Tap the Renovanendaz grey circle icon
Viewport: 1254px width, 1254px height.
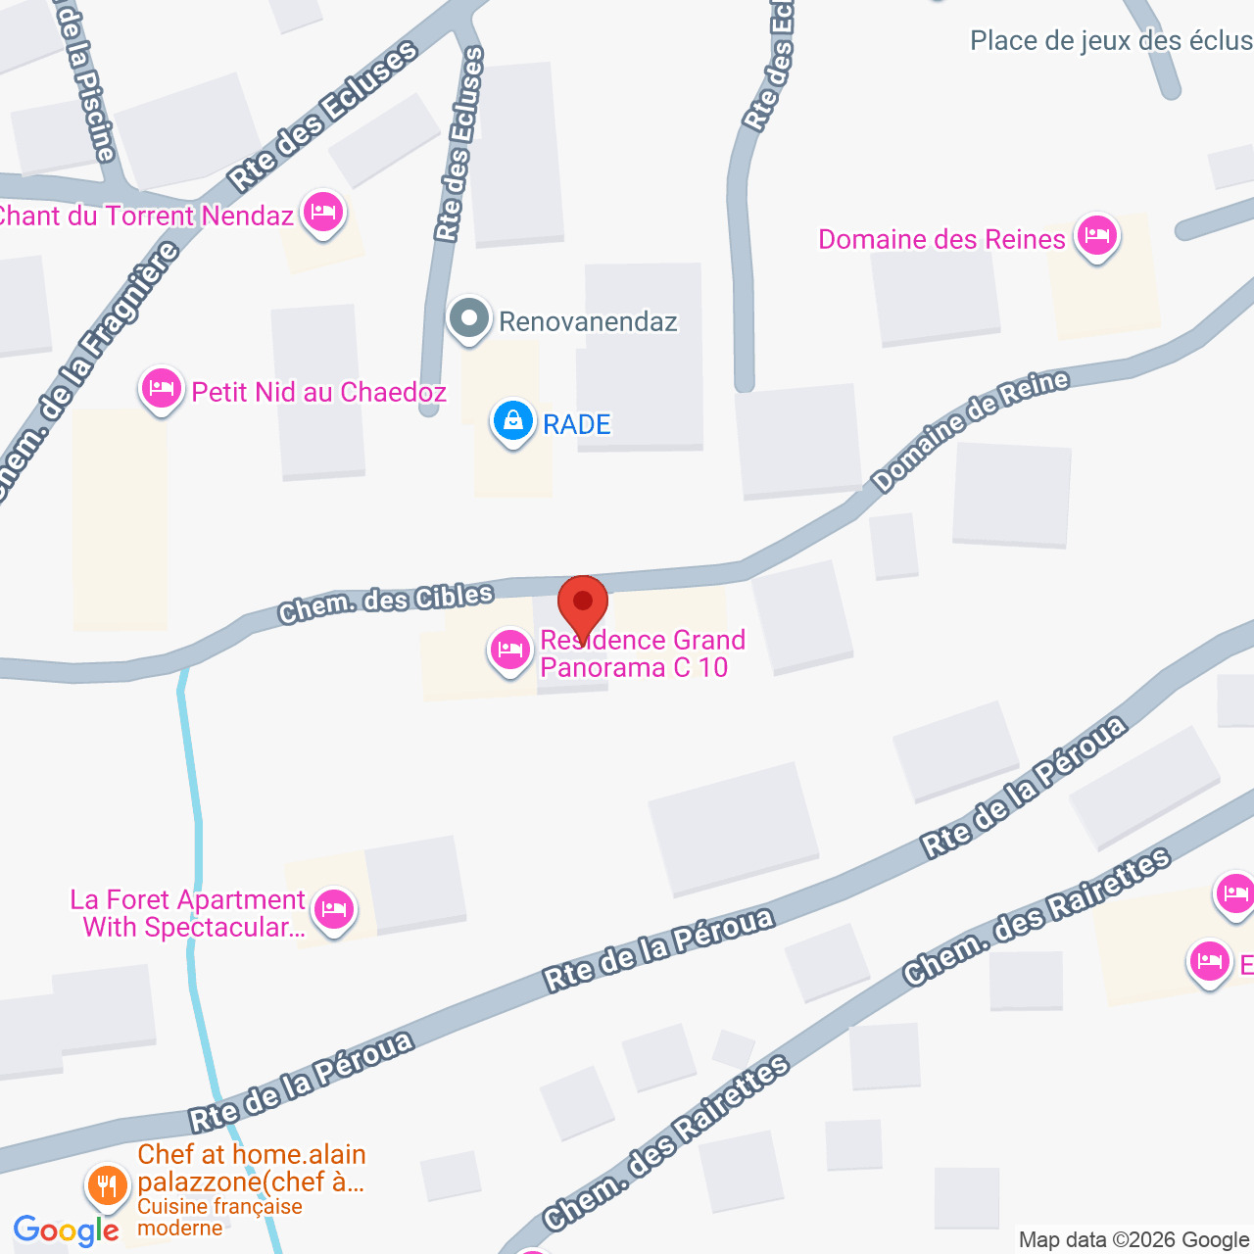(469, 318)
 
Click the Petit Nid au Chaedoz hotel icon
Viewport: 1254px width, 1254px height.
(162, 389)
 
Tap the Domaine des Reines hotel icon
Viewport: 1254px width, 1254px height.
(1097, 236)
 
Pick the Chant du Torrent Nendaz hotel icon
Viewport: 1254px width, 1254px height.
(322, 212)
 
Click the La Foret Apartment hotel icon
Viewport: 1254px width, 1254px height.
(334, 910)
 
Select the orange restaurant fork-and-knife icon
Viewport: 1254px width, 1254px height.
(107, 1186)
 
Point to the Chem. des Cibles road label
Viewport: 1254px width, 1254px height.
(386, 603)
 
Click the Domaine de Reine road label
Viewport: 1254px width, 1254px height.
(970, 431)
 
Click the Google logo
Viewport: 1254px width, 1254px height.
(67, 1230)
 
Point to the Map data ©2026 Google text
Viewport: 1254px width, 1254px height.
(1133, 1239)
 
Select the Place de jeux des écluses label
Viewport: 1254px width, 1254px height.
(1111, 41)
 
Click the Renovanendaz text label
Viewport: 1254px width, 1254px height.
(588, 321)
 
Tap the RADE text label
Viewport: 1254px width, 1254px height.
(577, 424)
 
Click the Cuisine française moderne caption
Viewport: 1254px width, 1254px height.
(219, 1217)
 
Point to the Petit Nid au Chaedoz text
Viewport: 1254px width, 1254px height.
(319, 392)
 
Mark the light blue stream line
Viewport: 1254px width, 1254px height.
(198, 843)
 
